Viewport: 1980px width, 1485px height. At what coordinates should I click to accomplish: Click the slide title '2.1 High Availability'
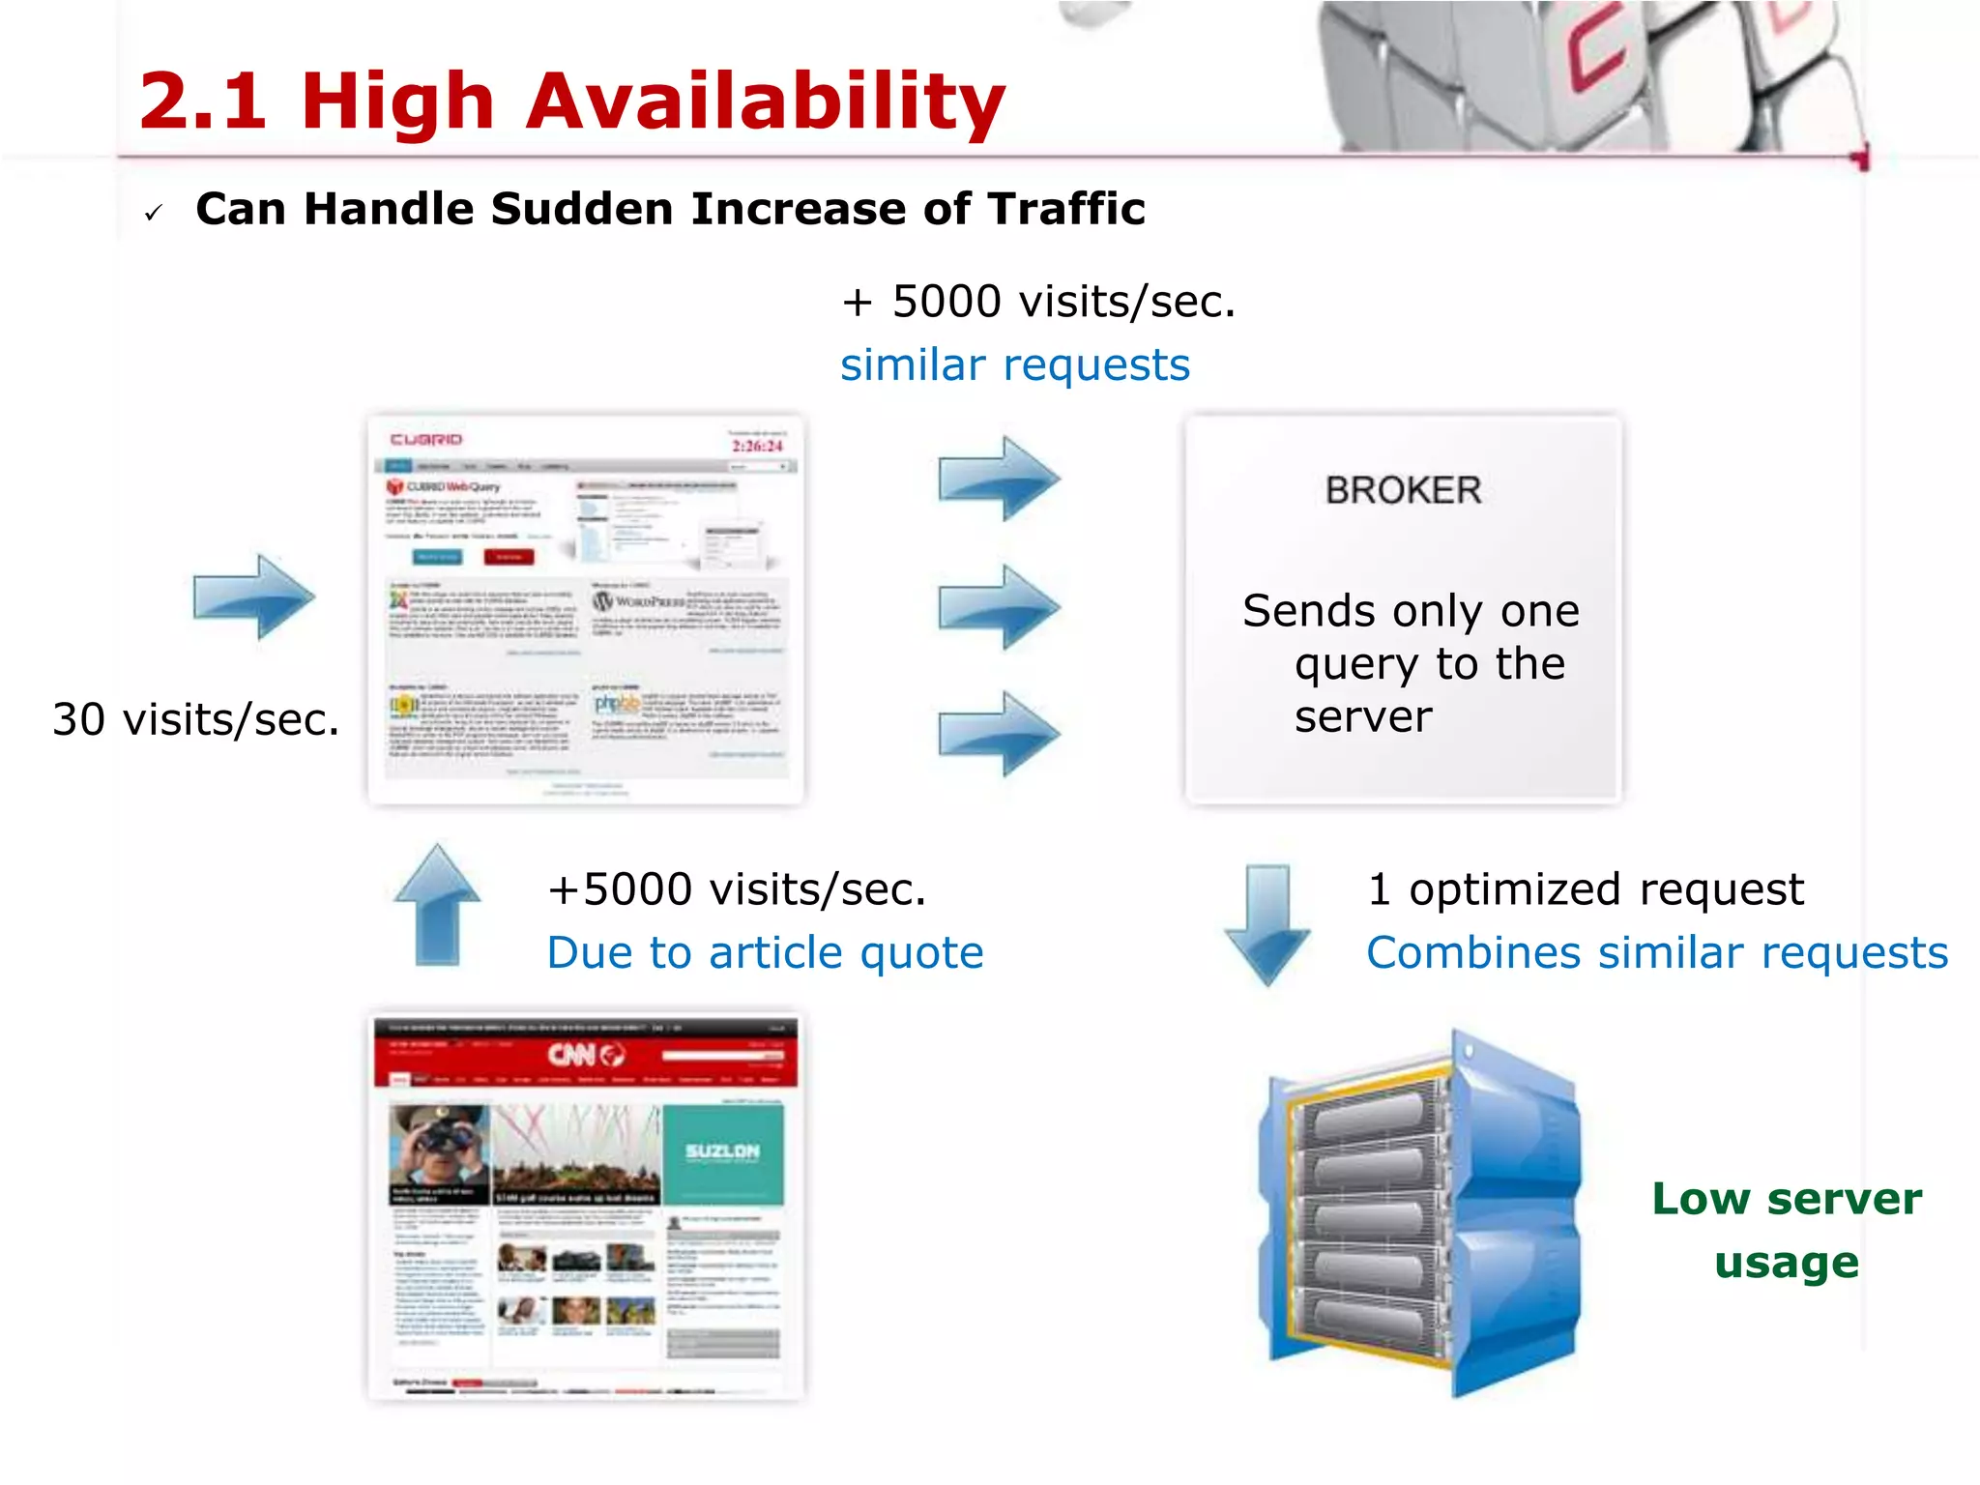[x=571, y=101]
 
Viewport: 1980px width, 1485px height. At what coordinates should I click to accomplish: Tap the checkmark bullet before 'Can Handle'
[x=153, y=213]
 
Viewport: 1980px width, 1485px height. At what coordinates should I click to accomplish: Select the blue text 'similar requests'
[x=1014, y=365]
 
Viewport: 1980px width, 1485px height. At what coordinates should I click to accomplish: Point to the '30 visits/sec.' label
[x=196, y=719]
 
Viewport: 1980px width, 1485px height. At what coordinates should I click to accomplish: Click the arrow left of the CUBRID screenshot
[x=254, y=597]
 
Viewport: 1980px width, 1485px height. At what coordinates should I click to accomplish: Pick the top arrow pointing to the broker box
[x=999, y=478]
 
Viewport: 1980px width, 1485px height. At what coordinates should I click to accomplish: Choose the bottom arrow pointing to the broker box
[x=999, y=733]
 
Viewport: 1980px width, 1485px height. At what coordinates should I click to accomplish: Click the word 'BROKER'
[x=1403, y=490]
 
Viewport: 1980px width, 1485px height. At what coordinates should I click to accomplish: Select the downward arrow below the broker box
[x=1267, y=924]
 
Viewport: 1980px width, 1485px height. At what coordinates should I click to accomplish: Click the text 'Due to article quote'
[x=765, y=953]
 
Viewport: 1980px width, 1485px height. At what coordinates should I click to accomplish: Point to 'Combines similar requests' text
[x=1657, y=953]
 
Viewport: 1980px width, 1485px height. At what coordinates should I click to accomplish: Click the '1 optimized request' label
[x=1586, y=889]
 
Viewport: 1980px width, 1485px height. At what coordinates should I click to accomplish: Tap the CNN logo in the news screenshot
[x=586, y=1054]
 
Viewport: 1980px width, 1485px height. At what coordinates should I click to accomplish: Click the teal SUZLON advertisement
[x=722, y=1152]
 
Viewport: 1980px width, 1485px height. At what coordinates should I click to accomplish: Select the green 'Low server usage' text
[x=1787, y=1230]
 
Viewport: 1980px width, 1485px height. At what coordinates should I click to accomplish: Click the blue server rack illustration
[x=1419, y=1213]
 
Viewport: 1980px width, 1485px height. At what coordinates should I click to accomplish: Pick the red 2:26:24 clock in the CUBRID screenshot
[x=757, y=446]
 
